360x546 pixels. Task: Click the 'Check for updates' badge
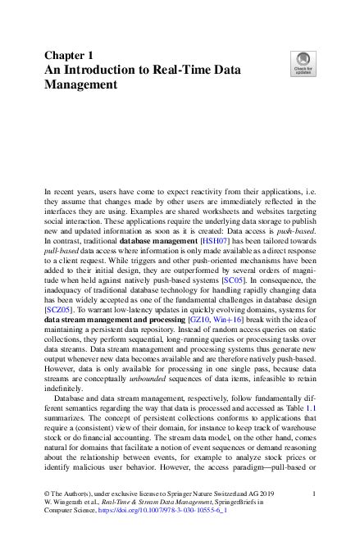pos(303,65)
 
